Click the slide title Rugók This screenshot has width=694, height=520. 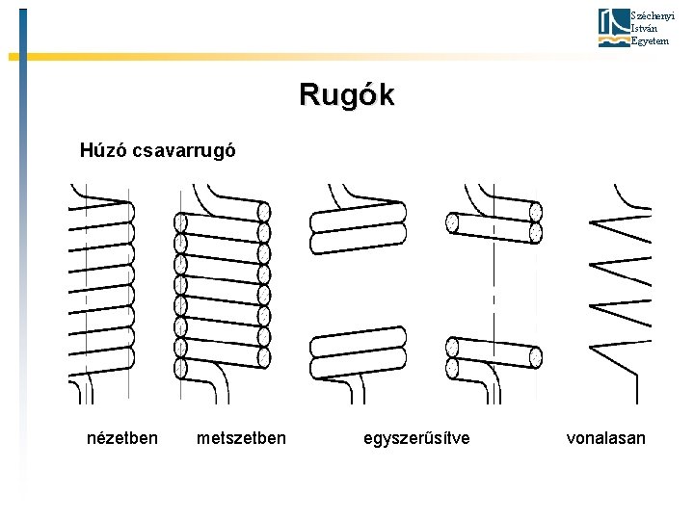pos(346,95)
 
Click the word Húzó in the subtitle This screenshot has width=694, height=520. pos(102,150)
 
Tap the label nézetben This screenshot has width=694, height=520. pos(122,438)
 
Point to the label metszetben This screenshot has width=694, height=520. pos(241,438)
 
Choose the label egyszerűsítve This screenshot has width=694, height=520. pos(417,438)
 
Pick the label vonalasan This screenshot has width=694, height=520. pos(606,438)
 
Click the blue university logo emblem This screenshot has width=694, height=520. pos(612,28)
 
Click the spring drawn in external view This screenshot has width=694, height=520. pos(101,289)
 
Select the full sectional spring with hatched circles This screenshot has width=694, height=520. pos(222,289)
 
